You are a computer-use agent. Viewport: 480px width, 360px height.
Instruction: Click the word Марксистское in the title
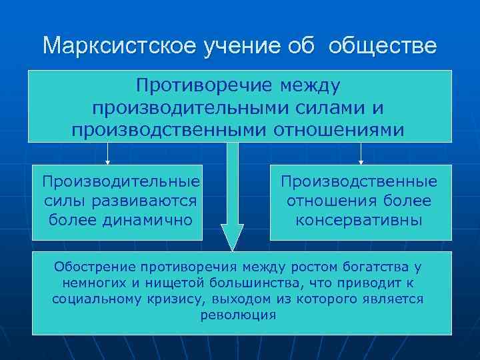(108, 46)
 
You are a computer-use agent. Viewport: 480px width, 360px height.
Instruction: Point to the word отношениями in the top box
(339, 128)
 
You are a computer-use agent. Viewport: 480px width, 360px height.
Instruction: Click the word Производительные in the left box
(121, 181)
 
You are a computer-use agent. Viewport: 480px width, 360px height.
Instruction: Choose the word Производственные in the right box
(359, 181)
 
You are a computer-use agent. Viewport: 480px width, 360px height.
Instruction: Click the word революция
(238, 315)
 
